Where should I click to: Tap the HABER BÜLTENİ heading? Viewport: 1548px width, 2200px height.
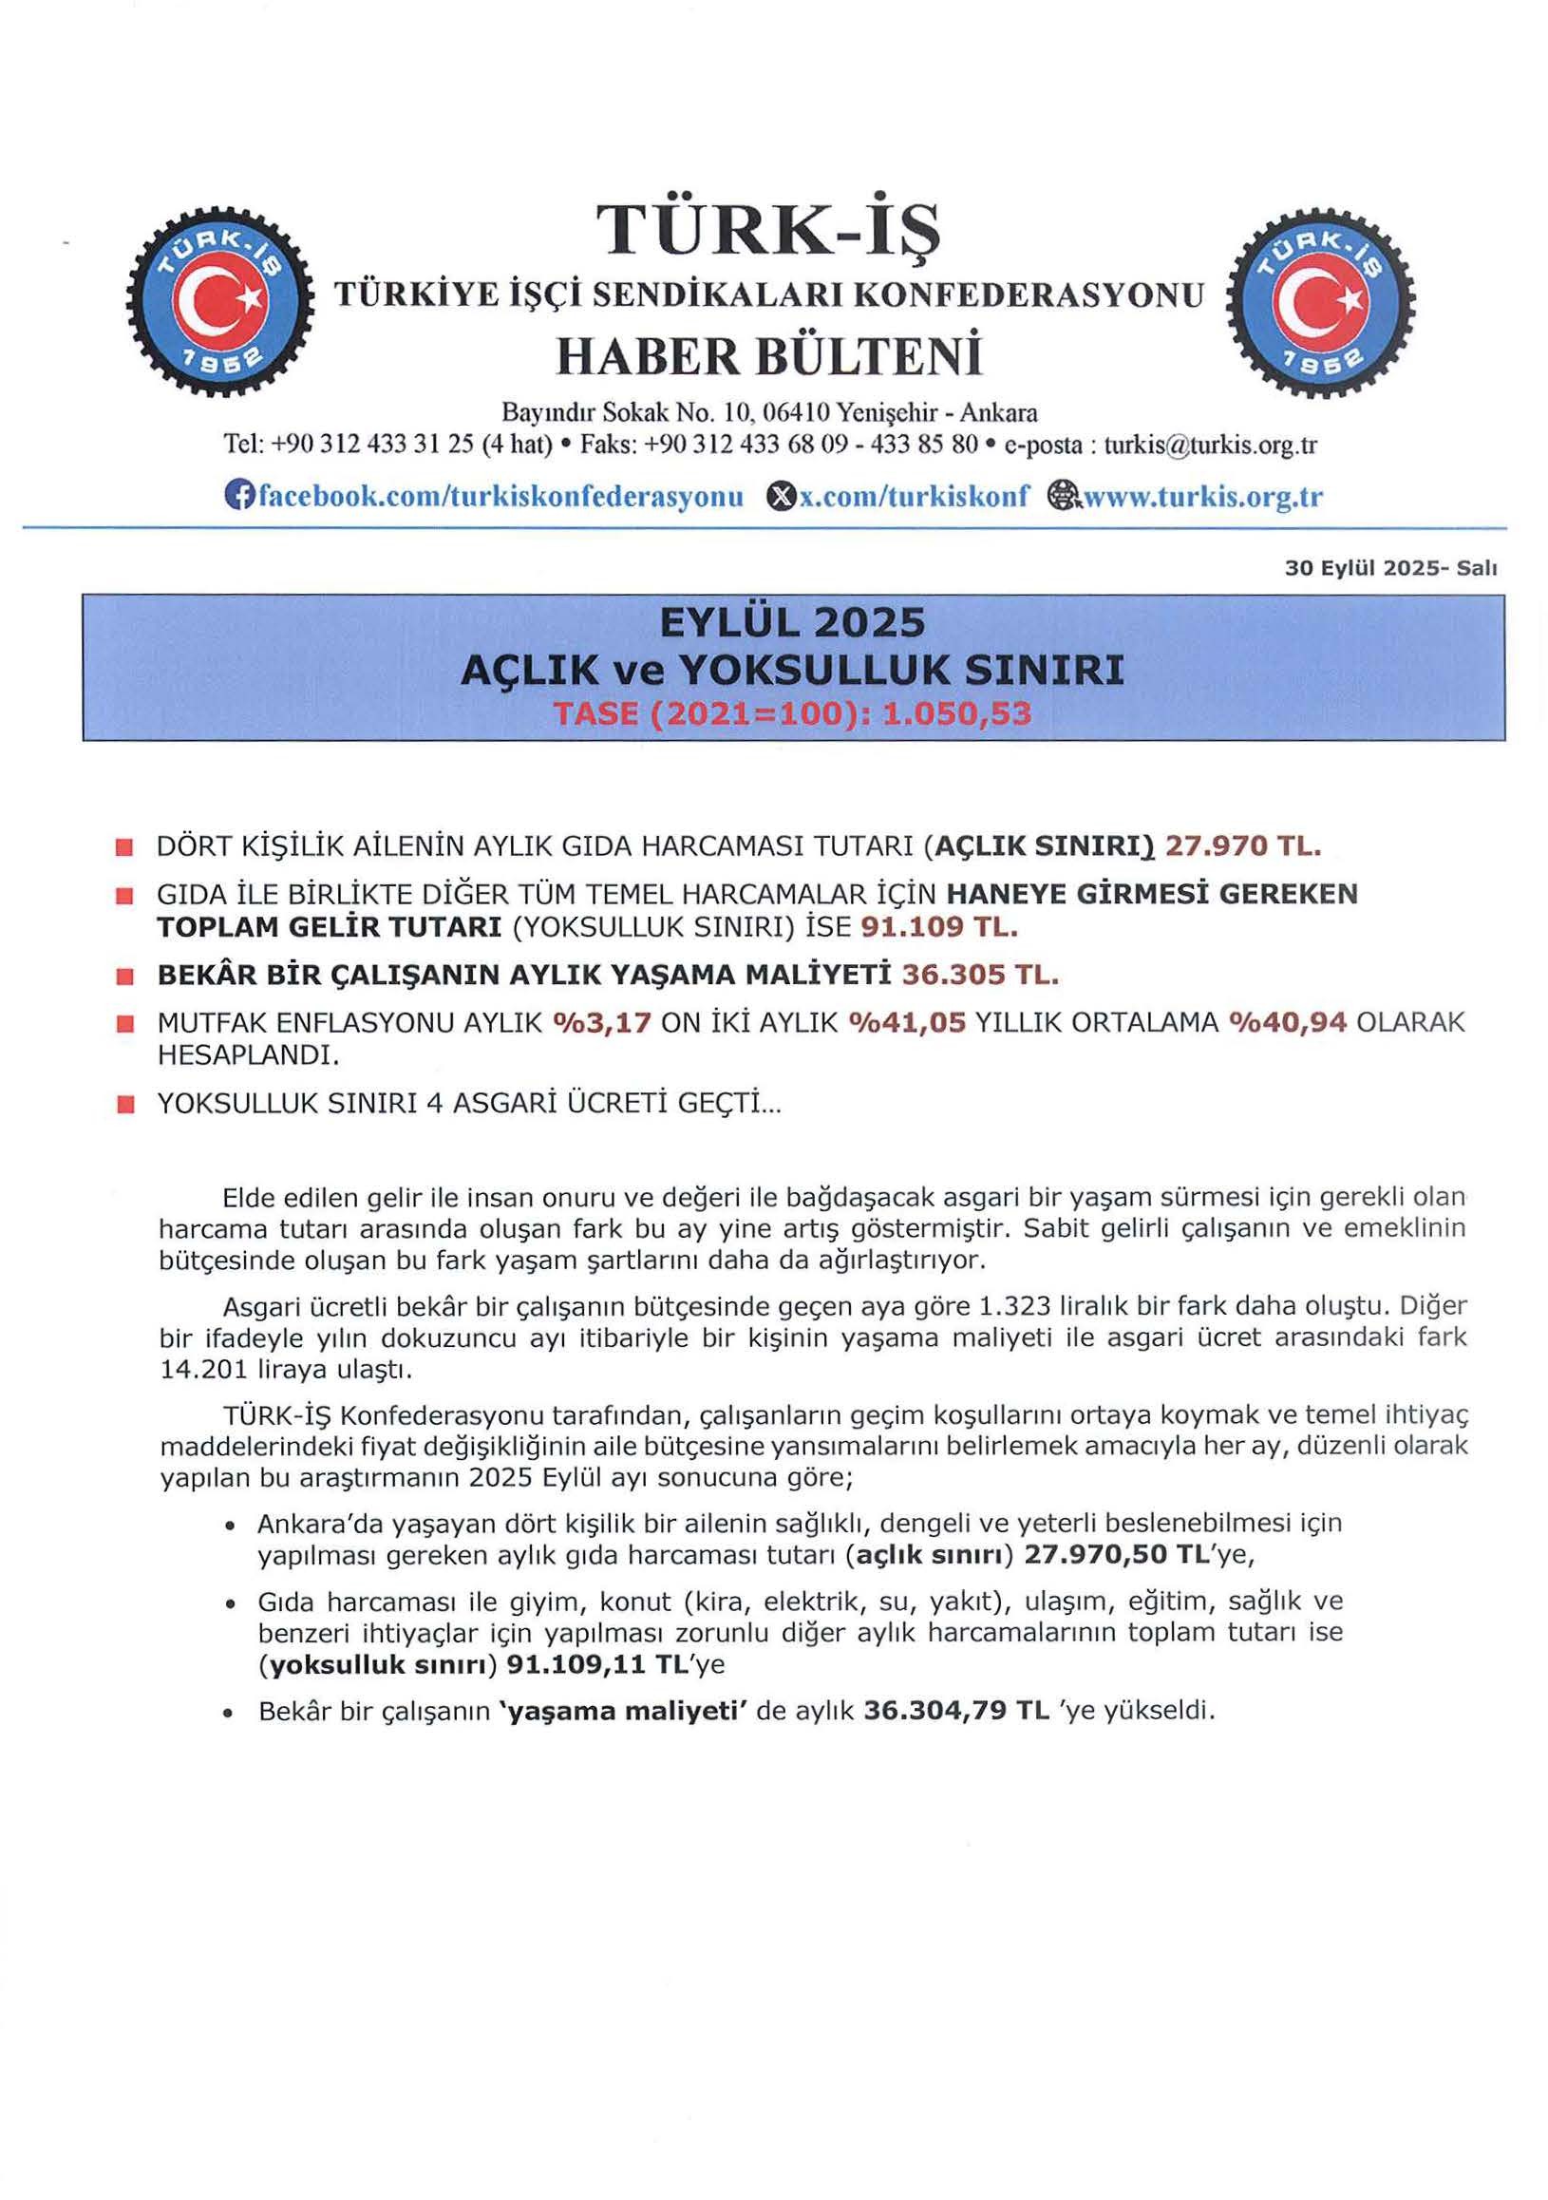click(x=769, y=356)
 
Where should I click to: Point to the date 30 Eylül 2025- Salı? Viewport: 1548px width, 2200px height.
click(x=1391, y=568)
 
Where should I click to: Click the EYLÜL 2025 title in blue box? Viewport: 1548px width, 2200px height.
click(x=793, y=624)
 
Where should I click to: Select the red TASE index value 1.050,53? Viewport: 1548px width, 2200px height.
click(x=956, y=714)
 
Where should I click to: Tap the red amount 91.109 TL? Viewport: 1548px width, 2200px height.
click(x=938, y=927)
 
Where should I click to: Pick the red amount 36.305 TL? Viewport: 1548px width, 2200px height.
click(x=981, y=976)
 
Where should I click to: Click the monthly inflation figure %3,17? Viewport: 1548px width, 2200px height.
click(x=602, y=1023)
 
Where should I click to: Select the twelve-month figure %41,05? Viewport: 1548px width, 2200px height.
click(x=907, y=1023)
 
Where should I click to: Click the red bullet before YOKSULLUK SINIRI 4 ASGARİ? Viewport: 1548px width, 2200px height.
click(x=123, y=1106)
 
